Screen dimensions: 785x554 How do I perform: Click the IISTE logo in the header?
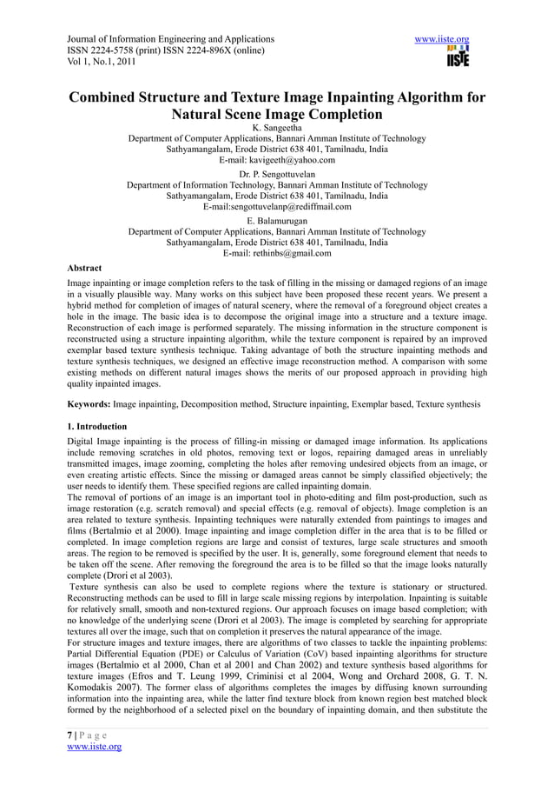[458, 57]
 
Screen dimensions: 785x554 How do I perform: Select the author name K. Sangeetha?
[277, 127]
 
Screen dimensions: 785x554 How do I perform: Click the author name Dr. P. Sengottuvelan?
[277, 174]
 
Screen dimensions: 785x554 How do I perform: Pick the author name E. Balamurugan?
[277, 221]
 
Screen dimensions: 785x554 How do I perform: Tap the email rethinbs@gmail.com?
[293, 254]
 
